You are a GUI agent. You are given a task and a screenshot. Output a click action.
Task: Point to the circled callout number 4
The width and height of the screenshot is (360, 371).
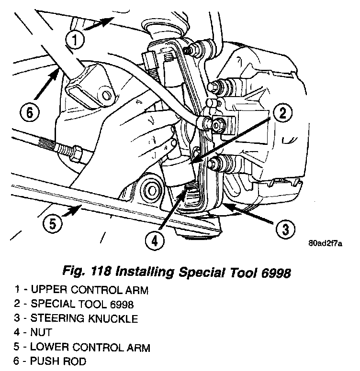(153, 241)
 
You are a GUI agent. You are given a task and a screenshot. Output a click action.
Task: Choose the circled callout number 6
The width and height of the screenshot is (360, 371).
(28, 113)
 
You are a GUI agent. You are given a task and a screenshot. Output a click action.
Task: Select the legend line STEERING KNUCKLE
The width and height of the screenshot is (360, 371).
(77, 318)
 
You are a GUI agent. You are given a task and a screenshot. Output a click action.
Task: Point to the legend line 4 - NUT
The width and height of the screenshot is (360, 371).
(33, 332)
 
